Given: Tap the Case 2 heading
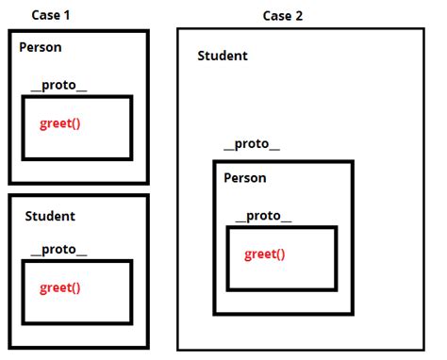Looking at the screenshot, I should (283, 16).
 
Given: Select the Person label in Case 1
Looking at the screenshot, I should (41, 47).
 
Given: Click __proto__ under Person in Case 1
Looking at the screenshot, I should (58, 86).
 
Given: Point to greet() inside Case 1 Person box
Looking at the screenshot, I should (59, 124).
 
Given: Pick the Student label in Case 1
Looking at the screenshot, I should (50, 216).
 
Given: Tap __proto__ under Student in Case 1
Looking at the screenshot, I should (58, 250).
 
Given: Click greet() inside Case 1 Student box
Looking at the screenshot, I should (59, 288).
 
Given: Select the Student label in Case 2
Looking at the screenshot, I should (223, 56).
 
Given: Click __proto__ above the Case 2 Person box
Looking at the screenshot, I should (251, 146).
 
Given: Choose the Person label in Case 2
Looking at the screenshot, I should (244, 178).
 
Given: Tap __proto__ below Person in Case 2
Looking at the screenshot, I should (263, 216).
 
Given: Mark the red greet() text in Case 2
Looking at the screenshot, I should (264, 254).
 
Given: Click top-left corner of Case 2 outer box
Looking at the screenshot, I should (177, 29).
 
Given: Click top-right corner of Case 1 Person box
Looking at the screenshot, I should (147, 33).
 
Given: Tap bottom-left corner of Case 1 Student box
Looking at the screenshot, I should (10, 348).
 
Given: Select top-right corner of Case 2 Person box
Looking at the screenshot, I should (352, 162).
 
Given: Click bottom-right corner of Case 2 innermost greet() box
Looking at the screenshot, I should (335, 289).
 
